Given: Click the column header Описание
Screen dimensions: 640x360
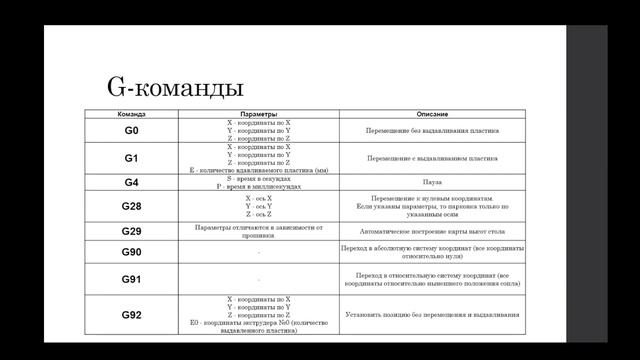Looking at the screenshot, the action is (425, 114).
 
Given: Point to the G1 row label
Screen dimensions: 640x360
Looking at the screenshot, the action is (131, 159).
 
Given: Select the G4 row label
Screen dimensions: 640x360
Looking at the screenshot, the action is (131, 184).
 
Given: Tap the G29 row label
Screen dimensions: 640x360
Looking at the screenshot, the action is (131, 231).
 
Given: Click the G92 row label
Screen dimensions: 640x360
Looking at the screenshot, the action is (131, 315).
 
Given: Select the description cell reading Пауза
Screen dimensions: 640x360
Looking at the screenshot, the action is (425, 184).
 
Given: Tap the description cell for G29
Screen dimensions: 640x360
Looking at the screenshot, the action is (425, 231).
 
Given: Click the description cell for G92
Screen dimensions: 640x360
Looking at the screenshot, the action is (425, 315).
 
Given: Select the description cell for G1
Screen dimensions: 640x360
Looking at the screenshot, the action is (425, 159).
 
